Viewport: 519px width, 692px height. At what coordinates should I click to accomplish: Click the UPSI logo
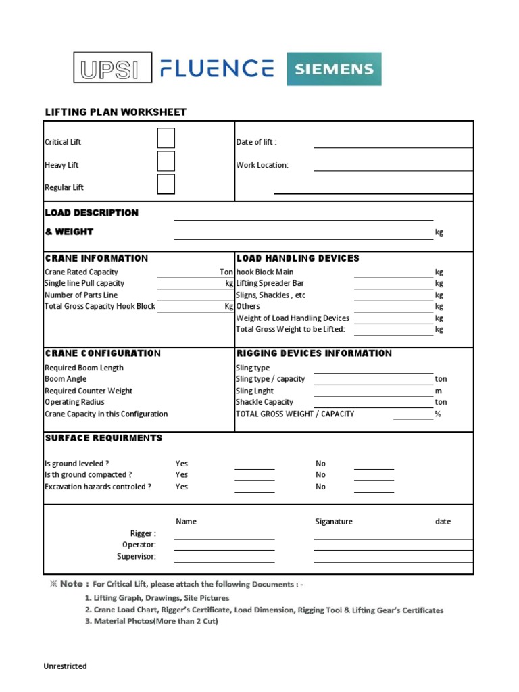click(112, 68)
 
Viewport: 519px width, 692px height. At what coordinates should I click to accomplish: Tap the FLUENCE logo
click(217, 68)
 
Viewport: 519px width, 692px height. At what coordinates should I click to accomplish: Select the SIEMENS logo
click(334, 69)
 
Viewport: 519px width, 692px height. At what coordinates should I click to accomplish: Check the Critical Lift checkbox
click(166, 139)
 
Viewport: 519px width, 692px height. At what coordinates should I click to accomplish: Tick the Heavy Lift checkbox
click(166, 162)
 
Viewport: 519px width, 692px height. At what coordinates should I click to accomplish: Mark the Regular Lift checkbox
click(166, 184)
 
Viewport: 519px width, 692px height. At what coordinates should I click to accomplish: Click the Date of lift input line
click(393, 145)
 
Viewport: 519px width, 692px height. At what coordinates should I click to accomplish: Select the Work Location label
click(262, 165)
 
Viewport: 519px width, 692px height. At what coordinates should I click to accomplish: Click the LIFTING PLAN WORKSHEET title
click(116, 112)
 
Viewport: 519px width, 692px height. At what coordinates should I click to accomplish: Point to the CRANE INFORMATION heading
click(96, 258)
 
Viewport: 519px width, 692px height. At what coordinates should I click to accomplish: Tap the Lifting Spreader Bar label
click(270, 284)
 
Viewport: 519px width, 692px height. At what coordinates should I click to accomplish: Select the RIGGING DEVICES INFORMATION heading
click(314, 353)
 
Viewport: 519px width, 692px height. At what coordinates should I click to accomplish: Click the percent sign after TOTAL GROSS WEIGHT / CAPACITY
click(438, 414)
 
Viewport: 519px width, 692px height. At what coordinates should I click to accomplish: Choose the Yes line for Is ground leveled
click(254, 467)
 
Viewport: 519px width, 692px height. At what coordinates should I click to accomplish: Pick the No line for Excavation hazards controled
click(374, 490)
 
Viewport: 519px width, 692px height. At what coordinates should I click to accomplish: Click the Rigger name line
click(224, 537)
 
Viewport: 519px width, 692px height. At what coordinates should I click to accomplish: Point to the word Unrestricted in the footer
click(66, 666)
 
